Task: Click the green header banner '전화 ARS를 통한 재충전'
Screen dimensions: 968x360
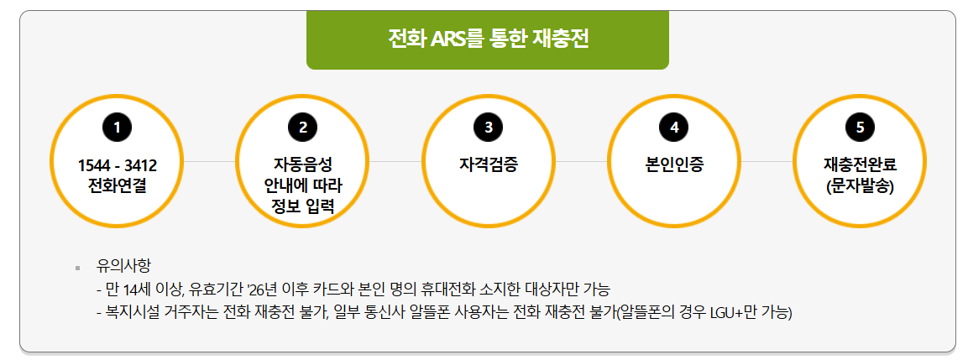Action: pyautogui.click(x=487, y=39)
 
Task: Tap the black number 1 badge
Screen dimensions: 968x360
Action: pyautogui.click(x=118, y=128)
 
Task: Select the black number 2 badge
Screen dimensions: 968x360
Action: pyautogui.click(x=303, y=128)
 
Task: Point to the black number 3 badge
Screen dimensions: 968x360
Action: pyautogui.click(x=489, y=128)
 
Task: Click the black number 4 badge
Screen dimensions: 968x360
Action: pyautogui.click(x=674, y=128)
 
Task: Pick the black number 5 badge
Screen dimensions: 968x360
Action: pyautogui.click(x=860, y=128)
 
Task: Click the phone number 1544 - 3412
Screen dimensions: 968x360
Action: pyautogui.click(x=118, y=165)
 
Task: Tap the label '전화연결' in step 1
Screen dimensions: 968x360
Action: pyautogui.click(x=118, y=185)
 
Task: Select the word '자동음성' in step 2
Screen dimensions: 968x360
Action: pyautogui.click(x=303, y=164)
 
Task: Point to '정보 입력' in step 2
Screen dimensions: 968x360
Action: pyautogui.click(x=303, y=206)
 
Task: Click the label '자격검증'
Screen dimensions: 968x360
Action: pyautogui.click(x=489, y=164)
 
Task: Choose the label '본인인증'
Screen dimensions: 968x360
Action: pyautogui.click(x=674, y=164)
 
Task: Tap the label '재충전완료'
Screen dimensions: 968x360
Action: pyautogui.click(x=860, y=164)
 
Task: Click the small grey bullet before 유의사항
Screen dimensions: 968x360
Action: pyautogui.click(x=77, y=269)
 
